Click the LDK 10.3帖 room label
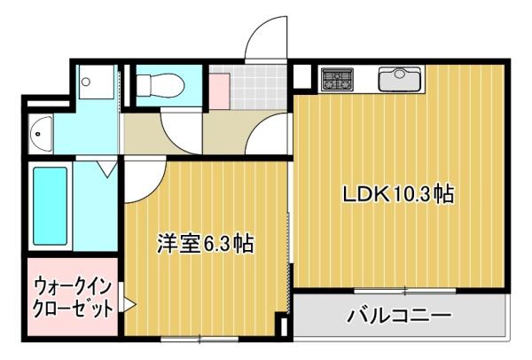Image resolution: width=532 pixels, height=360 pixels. pyautogui.click(x=398, y=194)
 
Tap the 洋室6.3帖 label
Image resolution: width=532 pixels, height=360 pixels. pyautogui.click(x=206, y=243)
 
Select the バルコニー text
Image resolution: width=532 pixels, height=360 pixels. pyautogui.click(x=399, y=316)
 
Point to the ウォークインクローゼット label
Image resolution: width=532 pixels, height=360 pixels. pyautogui.click(x=73, y=297)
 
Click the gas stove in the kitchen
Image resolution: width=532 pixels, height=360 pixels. pyautogui.click(x=337, y=79)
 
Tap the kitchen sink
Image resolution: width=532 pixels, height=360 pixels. pyautogui.click(x=401, y=79)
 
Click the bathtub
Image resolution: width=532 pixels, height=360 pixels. pyautogui.click(x=51, y=206)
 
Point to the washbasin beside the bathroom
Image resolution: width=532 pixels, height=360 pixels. pyautogui.click(x=42, y=134)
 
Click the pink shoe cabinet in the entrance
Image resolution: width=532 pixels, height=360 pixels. pyautogui.click(x=219, y=91)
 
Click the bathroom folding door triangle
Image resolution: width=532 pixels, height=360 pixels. pyautogui.click(x=107, y=169)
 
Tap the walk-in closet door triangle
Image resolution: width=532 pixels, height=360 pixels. pyautogui.click(x=129, y=304)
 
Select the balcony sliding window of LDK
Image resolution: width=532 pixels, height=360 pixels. pyautogui.click(x=405, y=291)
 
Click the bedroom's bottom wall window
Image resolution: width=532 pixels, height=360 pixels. pyautogui.click(x=199, y=339)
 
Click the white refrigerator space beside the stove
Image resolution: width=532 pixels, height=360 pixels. pyautogui.click(x=302, y=76)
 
